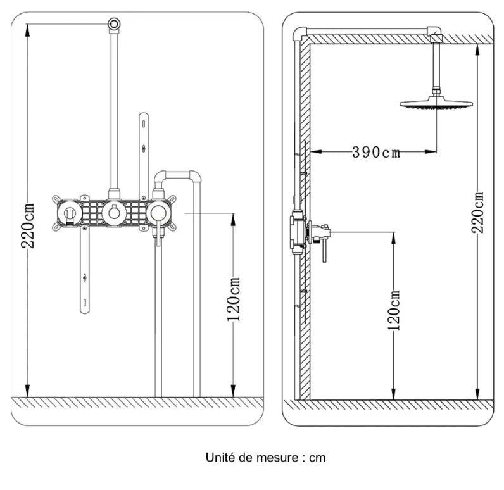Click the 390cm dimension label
(376, 152)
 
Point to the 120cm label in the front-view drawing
(234, 299)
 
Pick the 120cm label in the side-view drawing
(395, 310)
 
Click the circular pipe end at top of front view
(114, 23)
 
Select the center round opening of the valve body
(114, 213)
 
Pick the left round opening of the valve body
(69, 214)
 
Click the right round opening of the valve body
(159, 213)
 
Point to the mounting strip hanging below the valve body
(84, 272)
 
